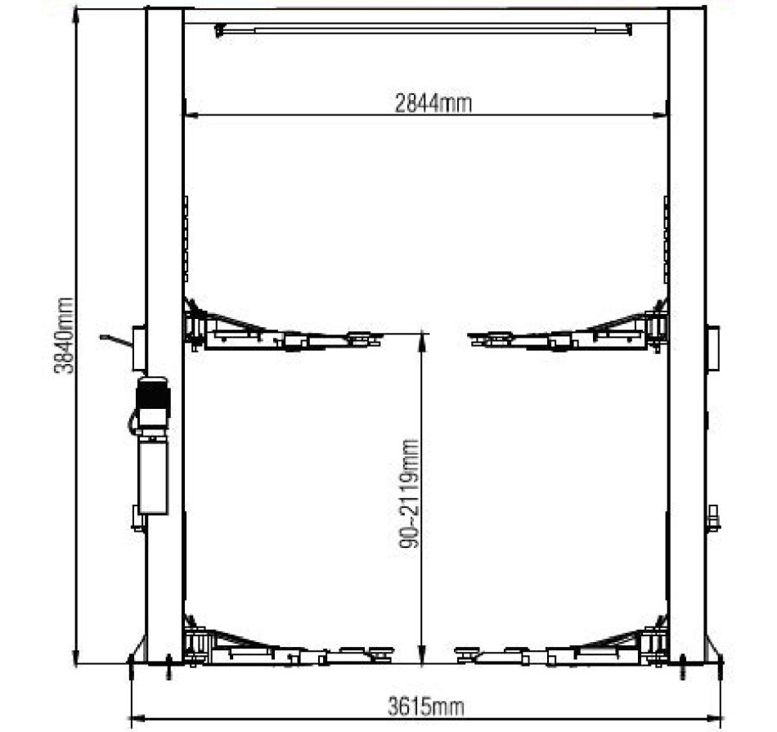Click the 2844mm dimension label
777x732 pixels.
click(x=433, y=104)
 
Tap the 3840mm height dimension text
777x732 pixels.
click(x=64, y=335)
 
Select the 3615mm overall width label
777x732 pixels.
click(x=425, y=706)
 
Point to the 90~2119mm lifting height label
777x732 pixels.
click(x=409, y=494)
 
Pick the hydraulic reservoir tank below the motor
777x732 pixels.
click(x=153, y=478)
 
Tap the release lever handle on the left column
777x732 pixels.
click(x=116, y=340)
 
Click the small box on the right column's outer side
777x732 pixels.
click(x=713, y=348)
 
